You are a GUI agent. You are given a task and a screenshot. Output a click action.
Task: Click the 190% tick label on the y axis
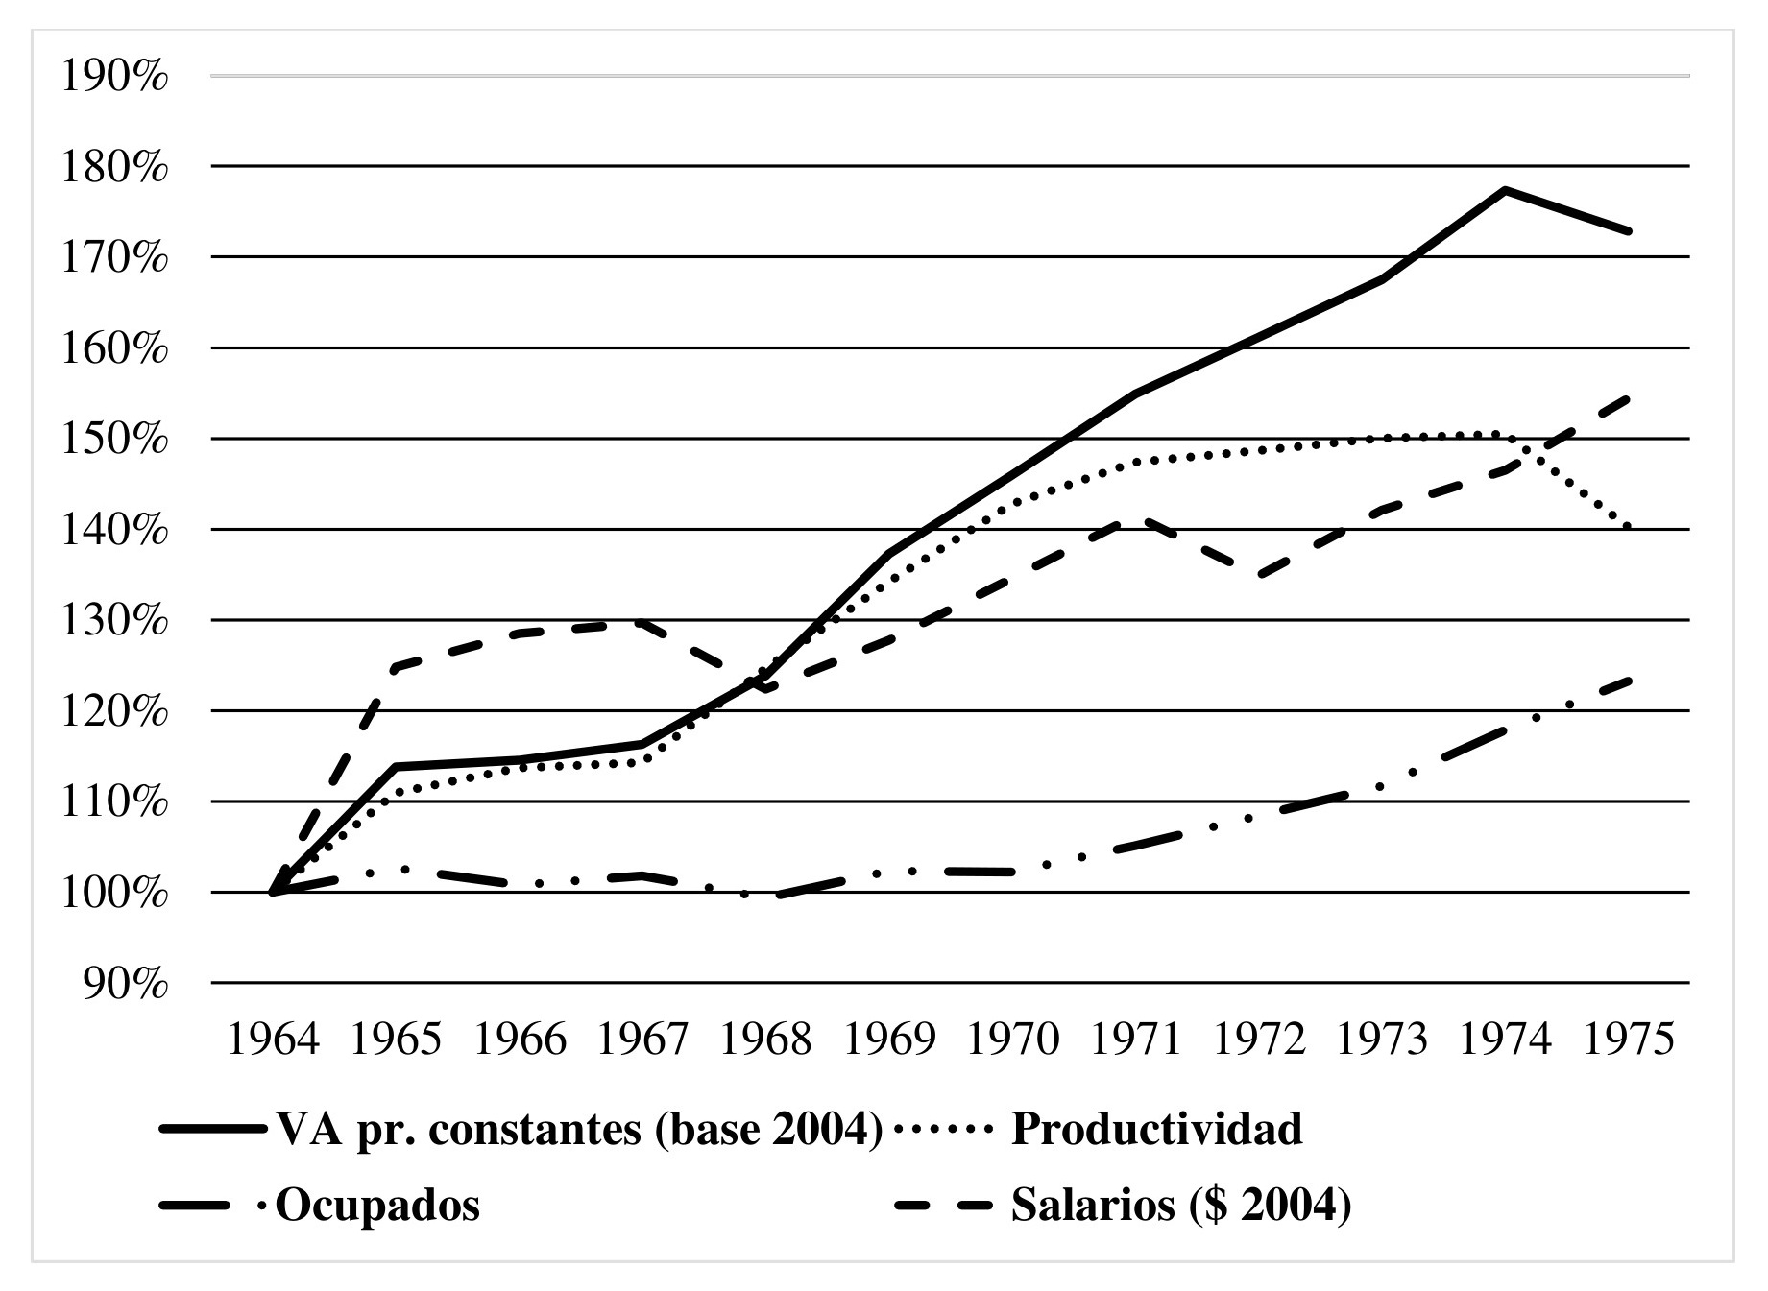(x=114, y=77)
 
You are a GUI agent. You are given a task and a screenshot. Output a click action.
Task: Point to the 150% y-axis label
(x=114, y=440)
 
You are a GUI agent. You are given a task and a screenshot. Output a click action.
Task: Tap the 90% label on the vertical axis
(x=126, y=984)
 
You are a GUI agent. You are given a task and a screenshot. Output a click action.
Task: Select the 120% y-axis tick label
(x=114, y=712)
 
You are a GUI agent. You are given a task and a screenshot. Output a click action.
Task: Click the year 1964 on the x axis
(x=273, y=1040)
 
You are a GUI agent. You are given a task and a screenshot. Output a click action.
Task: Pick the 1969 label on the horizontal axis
(x=888, y=1040)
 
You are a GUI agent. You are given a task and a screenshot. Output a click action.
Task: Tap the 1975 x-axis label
(x=1628, y=1040)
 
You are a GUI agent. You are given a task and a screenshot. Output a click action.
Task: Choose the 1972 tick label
(x=1259, y=1040)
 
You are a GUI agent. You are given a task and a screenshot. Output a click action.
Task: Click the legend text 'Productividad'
(x=1156, y=1129)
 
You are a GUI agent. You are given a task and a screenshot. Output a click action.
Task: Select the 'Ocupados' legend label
(x=377, y=1205)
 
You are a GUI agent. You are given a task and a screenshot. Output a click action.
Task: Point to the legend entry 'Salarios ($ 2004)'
(x=1181, y=1205)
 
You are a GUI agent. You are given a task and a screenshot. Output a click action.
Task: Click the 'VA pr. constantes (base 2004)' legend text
(x=579, y=1129)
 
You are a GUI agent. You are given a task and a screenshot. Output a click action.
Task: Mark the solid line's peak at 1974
(x=1505, y=190)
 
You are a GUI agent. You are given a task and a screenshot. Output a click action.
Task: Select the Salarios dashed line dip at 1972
(x=1259, y=576)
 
